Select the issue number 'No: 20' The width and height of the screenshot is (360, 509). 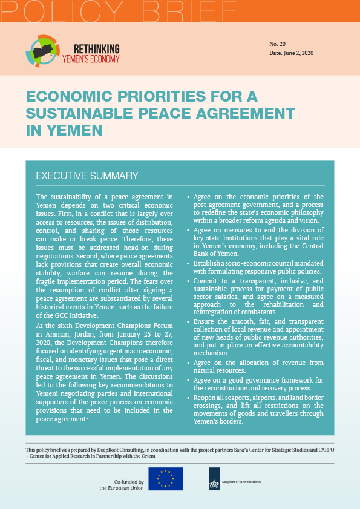click(x=278, y=45)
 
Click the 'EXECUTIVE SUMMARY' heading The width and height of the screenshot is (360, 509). click(x=87, y=176)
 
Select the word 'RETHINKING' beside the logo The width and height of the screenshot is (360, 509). click(x=96, y=48)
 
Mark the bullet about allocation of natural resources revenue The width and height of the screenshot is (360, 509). click(x=258, y=366)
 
